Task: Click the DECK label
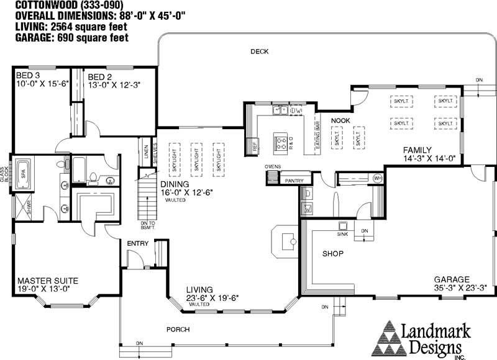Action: tap(259, 52)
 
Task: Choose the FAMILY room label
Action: tap(417, 150)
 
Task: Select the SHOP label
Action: tap(332, 254)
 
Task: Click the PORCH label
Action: tap(178, 329)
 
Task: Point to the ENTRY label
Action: tap(137, 243)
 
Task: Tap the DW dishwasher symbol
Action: tap(296, 111)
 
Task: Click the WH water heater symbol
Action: tap(377, 179)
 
